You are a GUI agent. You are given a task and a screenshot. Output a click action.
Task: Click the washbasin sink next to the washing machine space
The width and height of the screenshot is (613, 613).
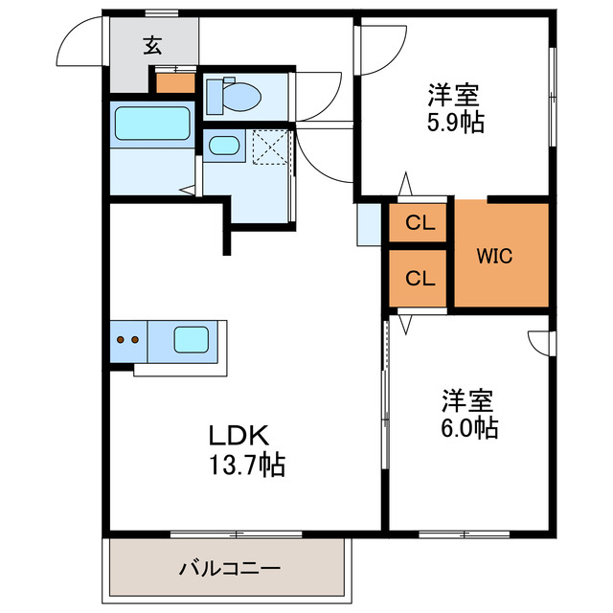click(224, 147)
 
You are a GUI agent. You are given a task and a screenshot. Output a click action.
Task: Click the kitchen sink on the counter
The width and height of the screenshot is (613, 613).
click(191, 338)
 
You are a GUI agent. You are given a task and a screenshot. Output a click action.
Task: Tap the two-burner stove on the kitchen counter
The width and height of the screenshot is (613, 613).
click(127, 338)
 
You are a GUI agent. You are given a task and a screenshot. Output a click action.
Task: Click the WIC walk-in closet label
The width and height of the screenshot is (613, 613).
click(495, 256)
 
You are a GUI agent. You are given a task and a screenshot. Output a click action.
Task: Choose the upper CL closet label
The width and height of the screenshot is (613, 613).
click(420, 224)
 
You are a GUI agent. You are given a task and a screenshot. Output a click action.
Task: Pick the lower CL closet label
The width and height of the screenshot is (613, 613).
click(420, 279)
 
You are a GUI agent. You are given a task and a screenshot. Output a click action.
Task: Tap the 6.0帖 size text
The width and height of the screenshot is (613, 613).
click(468, 428)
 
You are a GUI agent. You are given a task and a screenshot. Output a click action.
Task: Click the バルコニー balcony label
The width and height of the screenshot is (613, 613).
click(230, 568)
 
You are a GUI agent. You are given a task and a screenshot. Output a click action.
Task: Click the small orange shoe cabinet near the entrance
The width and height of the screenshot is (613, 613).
click(175, 82)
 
